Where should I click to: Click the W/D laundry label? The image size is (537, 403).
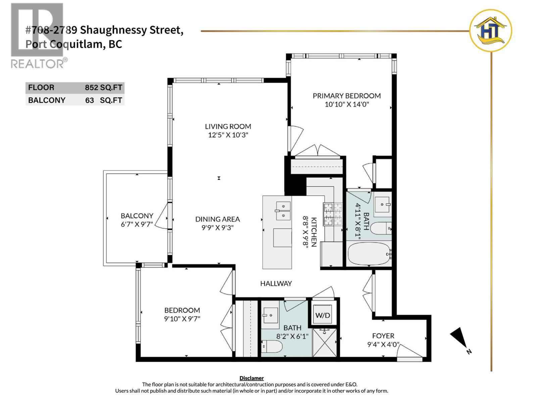(x=323, y=315)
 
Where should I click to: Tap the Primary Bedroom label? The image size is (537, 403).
(x=347, y=96)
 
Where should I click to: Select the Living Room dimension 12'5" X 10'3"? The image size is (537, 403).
(x=228, y=135)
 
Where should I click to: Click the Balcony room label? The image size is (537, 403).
(x=137, y=216)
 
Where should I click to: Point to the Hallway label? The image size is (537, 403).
(x=276, y=283)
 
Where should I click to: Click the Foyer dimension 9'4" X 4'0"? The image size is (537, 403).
(x=383, y=344)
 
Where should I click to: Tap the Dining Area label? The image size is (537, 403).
(x=217, y=219)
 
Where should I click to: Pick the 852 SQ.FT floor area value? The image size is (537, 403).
(x=103, y=88)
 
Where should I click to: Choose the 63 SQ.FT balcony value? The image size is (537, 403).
(x=104, y=100)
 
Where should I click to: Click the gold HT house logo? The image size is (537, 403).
(x=490, y=31)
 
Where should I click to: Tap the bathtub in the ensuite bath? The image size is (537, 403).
(x=369, y=254)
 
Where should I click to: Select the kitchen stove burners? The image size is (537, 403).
(x=332, y=214)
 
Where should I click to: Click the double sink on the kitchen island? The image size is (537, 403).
(x=283, y=211)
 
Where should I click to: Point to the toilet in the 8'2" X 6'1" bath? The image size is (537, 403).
(x=272, y=346)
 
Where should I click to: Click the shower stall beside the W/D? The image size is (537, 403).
(x=324, y=343)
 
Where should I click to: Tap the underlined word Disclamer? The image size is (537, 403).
(x=251, y=378)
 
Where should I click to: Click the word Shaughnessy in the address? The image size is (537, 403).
(x=113, y=30)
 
